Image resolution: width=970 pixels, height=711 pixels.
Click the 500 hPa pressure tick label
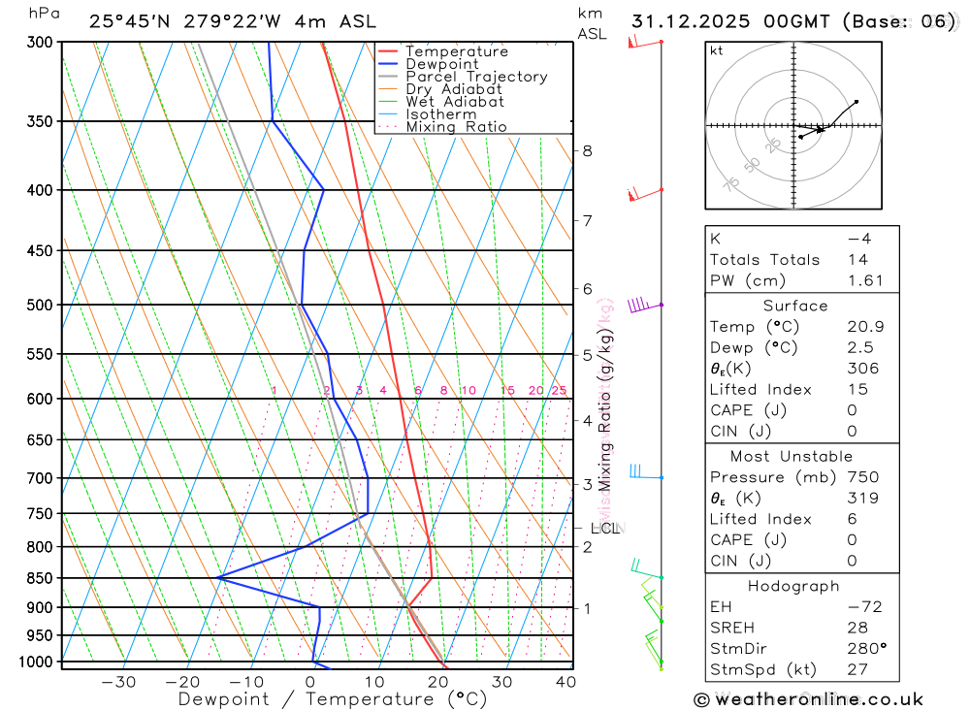pyautogui.click(x=39, y=305)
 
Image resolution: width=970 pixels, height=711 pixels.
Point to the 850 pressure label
pyautogui.click(x=39, y=578)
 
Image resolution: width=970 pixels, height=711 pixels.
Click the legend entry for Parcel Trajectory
pyautogui.click(x=476, y=77)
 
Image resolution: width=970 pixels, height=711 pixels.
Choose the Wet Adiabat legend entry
pyautogui.click(x=455, y=102)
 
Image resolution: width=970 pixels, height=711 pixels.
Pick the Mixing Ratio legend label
pyautogui.click(x=456, y=127)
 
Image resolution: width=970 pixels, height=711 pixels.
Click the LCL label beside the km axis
pyautogui.click(x=604, y=529)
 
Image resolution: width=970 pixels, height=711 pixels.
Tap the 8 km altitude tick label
pyautogui.click(x=587, y=150)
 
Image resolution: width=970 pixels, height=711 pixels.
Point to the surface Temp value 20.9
pyautogui.click(x=865, y=327)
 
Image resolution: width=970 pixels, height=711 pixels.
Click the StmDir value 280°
pyautogui.click(x=865, y=649)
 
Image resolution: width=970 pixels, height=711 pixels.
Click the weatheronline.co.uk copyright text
pyautogui.click(x=808, y=699)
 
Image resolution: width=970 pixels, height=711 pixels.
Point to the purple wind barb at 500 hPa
pyautogui.click(x=638, y=306)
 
